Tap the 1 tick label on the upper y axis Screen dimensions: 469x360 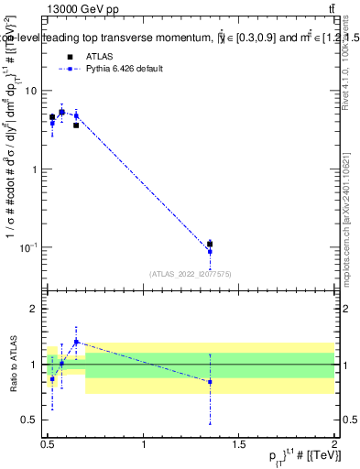tap(34, 169)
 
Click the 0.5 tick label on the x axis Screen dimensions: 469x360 tap(48, 444)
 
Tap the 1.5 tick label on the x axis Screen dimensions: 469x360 tap(239, 444)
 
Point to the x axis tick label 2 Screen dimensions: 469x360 tap(334, 444)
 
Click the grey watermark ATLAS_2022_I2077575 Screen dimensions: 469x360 tap(189, 273)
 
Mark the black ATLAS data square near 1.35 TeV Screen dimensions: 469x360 tap(210, 245)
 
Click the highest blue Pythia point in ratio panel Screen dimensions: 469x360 tap(76, 342)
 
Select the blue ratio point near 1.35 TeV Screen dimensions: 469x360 tap(210, 382)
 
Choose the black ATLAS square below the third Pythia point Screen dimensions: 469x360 tap(76, 125)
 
